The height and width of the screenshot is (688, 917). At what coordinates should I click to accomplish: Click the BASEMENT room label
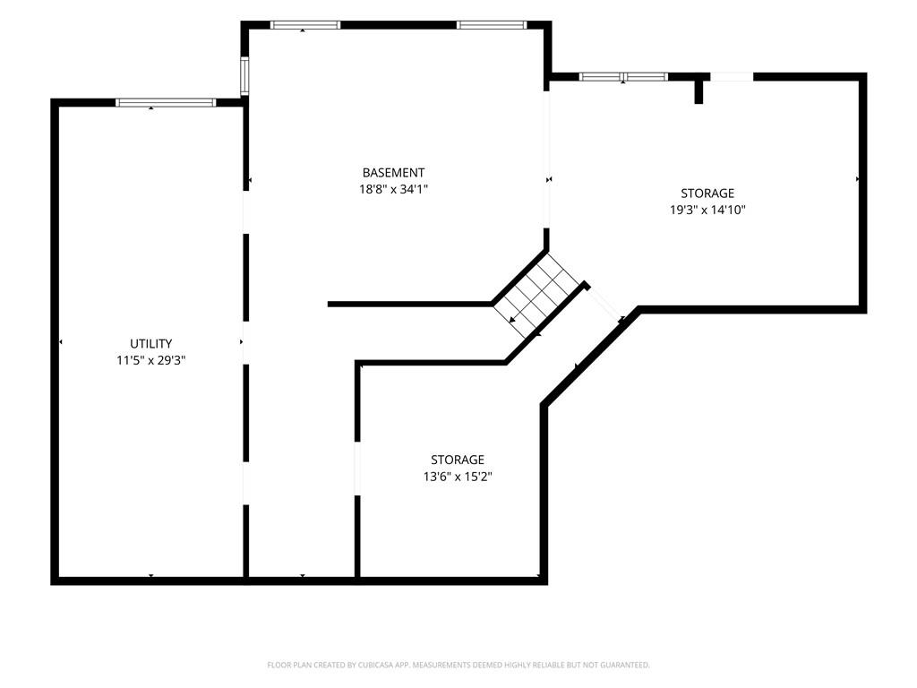393,173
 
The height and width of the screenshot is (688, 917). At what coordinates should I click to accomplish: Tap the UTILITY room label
150,343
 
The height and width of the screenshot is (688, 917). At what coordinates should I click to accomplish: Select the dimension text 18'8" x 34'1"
394,189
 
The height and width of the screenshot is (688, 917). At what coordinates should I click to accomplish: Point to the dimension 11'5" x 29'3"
150,360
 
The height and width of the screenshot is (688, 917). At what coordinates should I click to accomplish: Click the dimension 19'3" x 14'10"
707,210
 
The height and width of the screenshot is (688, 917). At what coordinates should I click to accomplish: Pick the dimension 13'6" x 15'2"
458,477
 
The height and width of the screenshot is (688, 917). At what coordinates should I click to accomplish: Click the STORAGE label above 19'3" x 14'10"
707,193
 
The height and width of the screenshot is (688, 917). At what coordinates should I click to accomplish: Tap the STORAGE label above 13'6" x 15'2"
458,460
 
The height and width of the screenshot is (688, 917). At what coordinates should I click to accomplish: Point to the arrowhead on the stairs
512,320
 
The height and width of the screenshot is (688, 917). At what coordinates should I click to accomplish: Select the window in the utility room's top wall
166,102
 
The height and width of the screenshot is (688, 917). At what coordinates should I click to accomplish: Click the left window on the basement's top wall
305,25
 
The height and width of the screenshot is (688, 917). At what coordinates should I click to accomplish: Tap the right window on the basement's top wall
492,25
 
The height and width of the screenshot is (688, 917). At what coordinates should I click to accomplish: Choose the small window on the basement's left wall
245,76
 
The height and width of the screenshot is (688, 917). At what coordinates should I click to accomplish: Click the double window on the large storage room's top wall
623,77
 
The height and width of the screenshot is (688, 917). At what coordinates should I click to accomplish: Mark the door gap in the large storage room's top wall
732,77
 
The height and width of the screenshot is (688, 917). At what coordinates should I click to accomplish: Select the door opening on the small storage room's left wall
357,468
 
